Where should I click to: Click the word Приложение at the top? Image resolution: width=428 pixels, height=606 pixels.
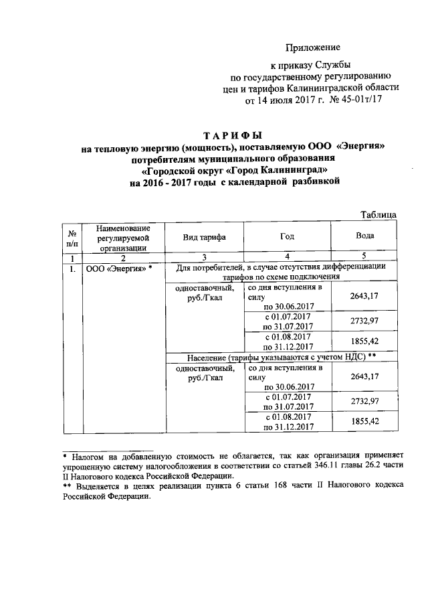point(313,47)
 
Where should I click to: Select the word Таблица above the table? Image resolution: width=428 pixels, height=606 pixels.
point(378,214)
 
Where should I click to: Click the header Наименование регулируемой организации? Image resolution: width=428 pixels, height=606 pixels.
point(122,237)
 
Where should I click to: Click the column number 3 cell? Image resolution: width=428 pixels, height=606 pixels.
point(204,257)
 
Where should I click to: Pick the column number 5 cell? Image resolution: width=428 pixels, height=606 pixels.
point(365,257)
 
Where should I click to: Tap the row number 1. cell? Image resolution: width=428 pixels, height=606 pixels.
point(71,269)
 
